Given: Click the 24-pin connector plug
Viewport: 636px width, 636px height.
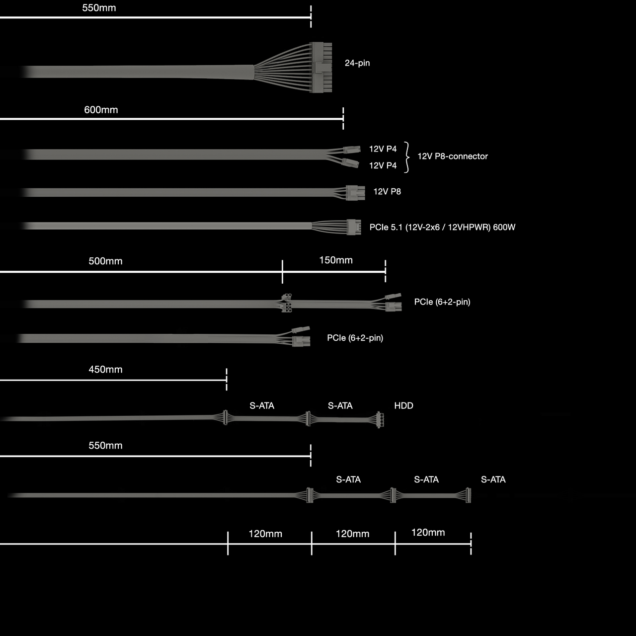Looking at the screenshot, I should click(x=321, y=67).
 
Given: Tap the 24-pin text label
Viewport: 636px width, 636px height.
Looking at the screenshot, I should click(x=357, y=63).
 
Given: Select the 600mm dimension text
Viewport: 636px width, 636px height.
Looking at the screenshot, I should click(x=101, y=110).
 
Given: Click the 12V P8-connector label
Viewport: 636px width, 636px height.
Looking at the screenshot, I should click(x=452, y=156).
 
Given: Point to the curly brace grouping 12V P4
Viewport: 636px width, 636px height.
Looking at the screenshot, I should click(x=407, y=157).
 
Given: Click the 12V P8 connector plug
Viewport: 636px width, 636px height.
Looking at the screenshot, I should click(x=355, y=192).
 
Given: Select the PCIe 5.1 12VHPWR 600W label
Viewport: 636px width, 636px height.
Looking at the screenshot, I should click(x=442, y=227).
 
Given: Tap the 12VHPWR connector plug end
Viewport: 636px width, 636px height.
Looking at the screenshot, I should click(x=354, y=227).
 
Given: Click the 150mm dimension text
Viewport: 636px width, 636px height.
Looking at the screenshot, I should click(x=336, y=260).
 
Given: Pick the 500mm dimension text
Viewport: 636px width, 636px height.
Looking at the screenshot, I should click(x=105, y=261).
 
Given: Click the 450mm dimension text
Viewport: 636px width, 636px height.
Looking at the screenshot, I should click(x=105, y=370).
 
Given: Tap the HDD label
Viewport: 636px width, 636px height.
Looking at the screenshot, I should click(x=403, y=405).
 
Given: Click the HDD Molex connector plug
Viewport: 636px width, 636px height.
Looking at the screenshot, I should click(x=380, y=420).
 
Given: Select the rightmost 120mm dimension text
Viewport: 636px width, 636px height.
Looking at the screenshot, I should click(x=428, y=533).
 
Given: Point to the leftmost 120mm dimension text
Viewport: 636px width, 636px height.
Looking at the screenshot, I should click(x=265, y=534).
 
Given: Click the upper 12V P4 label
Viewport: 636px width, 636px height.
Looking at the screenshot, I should click(x=383, y=149).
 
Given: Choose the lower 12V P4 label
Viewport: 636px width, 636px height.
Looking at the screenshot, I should click(x=383, y=165).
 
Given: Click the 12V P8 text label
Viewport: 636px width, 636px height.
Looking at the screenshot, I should click(x=387, y=192).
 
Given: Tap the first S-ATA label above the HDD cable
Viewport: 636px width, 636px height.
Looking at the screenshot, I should click(x=262, y=405).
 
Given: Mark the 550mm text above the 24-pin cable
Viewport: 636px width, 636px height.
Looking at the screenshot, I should click(x=99, y=8).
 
